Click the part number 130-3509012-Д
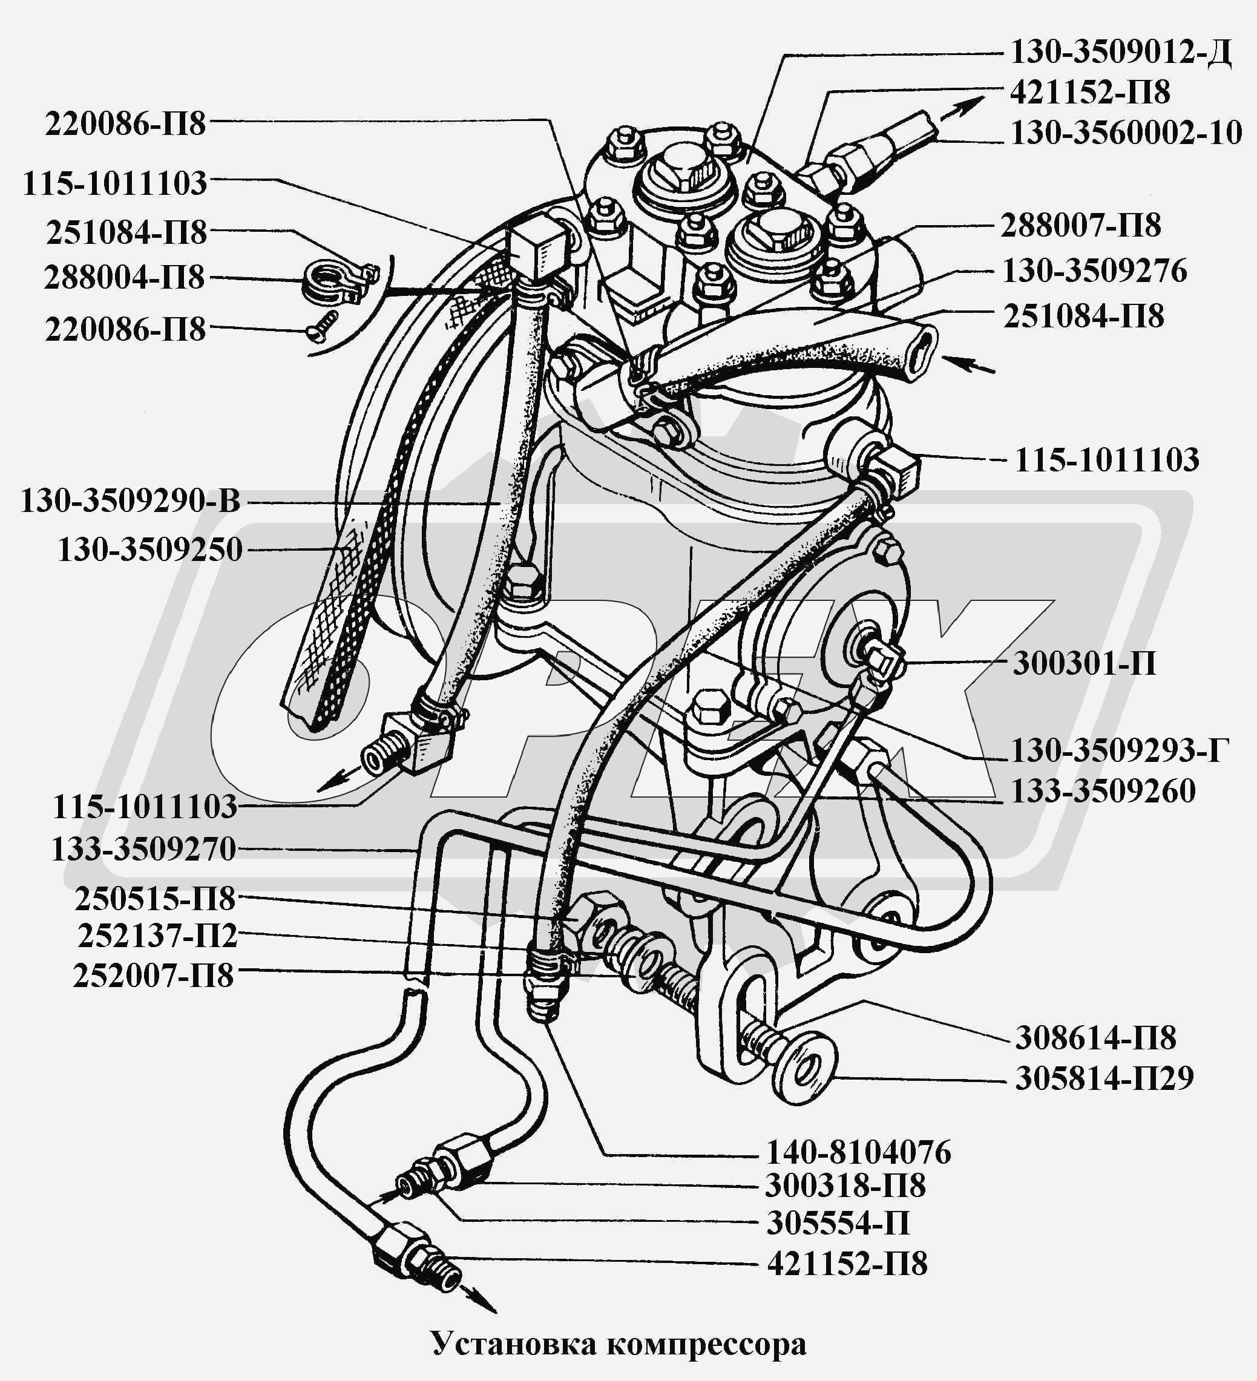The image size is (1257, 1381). coord(1121,53)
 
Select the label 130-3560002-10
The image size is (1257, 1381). coord(1126,132)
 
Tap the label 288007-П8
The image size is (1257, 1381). coord(1080,225)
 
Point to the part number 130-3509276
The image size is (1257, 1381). coord(1094,271)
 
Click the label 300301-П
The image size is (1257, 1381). coord(1084,663)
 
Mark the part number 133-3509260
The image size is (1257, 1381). coord(1103,791)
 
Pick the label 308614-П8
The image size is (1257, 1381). coord(1095,1038)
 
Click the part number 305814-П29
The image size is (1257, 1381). coord(1103,1078)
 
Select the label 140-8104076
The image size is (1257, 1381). coord(858,1152)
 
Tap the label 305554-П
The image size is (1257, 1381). coord(837,1223)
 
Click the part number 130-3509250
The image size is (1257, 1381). coord(150,549)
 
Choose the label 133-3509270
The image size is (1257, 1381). coord(144,848)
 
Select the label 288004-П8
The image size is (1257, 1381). coord(124,277)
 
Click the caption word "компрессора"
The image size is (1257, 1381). coord(706,1344)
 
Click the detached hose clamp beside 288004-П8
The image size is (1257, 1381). coord(340,281)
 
